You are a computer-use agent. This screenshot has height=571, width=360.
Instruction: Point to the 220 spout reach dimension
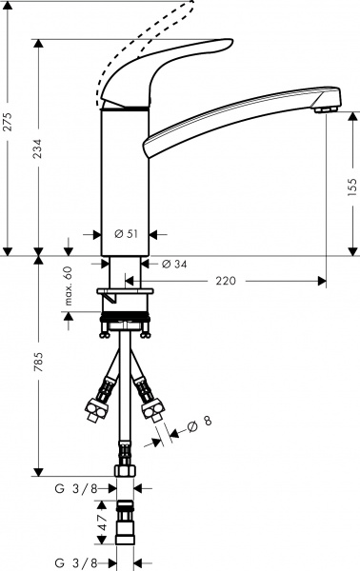pos(226,281)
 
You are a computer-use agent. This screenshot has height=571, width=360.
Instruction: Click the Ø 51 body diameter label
pos(127,234)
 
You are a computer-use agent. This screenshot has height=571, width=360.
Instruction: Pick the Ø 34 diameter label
pos(179,264)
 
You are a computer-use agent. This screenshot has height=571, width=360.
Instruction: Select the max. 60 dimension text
pos(69,285)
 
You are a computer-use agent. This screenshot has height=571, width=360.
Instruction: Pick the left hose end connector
pos(98,403)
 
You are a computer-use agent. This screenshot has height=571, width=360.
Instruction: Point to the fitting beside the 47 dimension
pos(125,525)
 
